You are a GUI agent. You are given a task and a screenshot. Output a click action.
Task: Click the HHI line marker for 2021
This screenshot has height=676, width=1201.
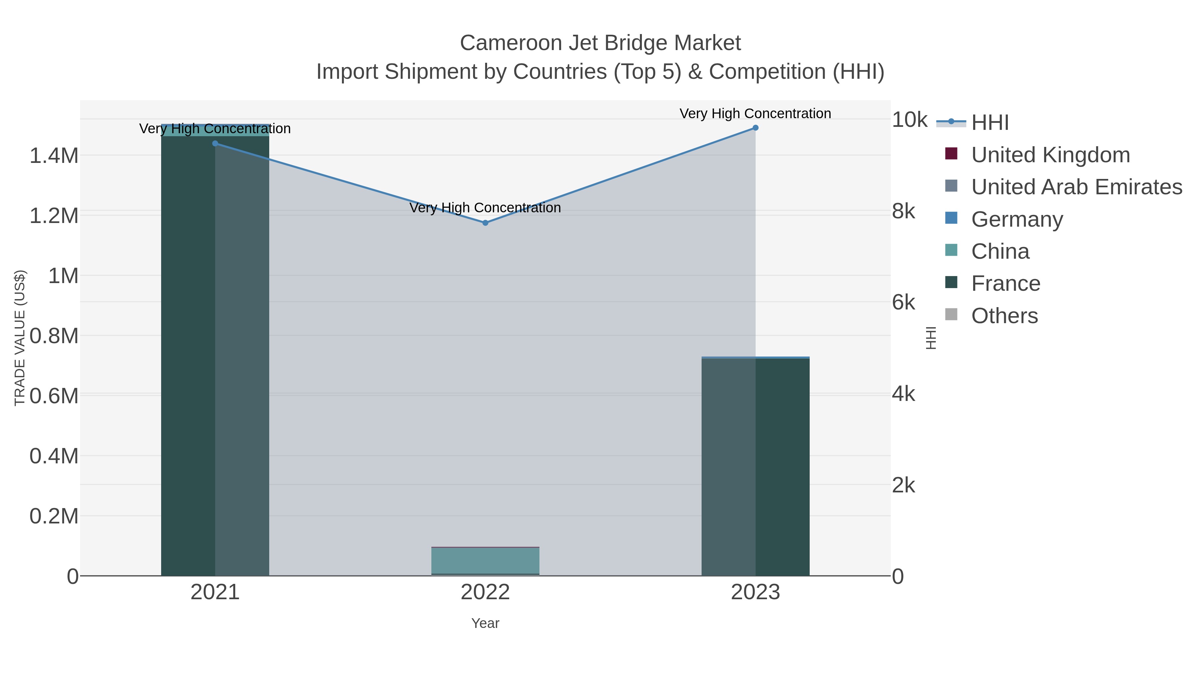point(215,144)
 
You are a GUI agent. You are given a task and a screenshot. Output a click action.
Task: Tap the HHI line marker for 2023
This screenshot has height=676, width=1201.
point(755,128)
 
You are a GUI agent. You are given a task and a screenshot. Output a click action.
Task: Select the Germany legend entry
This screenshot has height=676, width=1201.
point(1017,219)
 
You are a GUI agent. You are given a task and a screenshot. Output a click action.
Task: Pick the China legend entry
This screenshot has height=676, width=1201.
point(1000,251)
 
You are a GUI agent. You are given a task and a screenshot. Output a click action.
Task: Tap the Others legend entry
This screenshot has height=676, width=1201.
point(1004,316)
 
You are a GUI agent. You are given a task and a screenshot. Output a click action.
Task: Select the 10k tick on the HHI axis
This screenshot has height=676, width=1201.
point(909,120)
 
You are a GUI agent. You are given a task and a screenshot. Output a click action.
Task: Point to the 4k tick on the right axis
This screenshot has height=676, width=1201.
point(903,394)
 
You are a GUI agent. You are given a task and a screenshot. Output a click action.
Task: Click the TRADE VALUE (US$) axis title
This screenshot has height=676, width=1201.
point(20,338)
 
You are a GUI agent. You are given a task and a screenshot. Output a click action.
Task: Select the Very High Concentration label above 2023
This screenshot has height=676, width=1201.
point(755,114)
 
